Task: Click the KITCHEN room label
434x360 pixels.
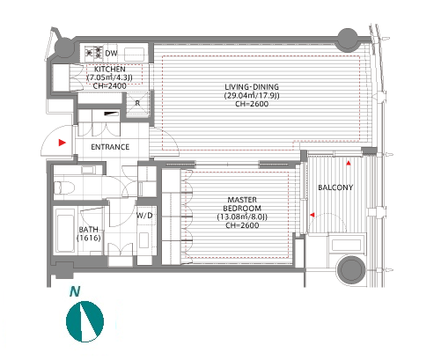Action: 110,70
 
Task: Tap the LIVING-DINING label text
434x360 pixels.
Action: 252,87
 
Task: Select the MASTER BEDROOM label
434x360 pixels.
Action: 242,204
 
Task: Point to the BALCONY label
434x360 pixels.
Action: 335,187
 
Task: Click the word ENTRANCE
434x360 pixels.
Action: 110,147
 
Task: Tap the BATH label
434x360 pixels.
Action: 88,230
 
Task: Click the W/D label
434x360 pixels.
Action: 144,216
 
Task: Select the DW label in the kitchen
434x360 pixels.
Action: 111,54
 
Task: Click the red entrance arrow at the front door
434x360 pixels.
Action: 62,143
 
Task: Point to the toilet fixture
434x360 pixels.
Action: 64,187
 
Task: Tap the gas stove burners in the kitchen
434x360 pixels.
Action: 94,53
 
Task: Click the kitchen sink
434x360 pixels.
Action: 134,55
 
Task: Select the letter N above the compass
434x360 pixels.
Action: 75,291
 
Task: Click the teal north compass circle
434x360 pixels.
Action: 85,321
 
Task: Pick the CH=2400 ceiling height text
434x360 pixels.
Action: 110,86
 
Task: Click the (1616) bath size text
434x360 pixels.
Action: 89,238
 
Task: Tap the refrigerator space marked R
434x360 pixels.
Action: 137,104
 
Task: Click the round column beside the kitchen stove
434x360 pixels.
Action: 64,47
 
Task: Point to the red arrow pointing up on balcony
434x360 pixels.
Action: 349,163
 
